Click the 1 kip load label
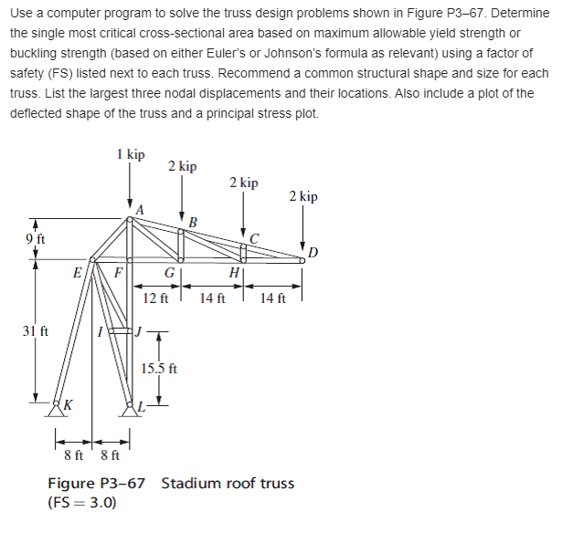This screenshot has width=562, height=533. click(x=131, y=155)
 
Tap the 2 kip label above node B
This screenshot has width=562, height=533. click(x=182, y=166)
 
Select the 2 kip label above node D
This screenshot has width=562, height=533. click(x=303, y=196)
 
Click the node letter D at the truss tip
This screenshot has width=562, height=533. click(x=314, y=252)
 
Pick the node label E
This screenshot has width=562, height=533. click(x=78, y=272)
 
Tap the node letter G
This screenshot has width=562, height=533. click(x=169, y=273)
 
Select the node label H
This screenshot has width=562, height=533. click(x=235, y=273)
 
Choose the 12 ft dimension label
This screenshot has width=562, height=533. click(x=157, y=298)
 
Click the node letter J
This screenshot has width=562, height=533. click(x=139, y=329)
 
